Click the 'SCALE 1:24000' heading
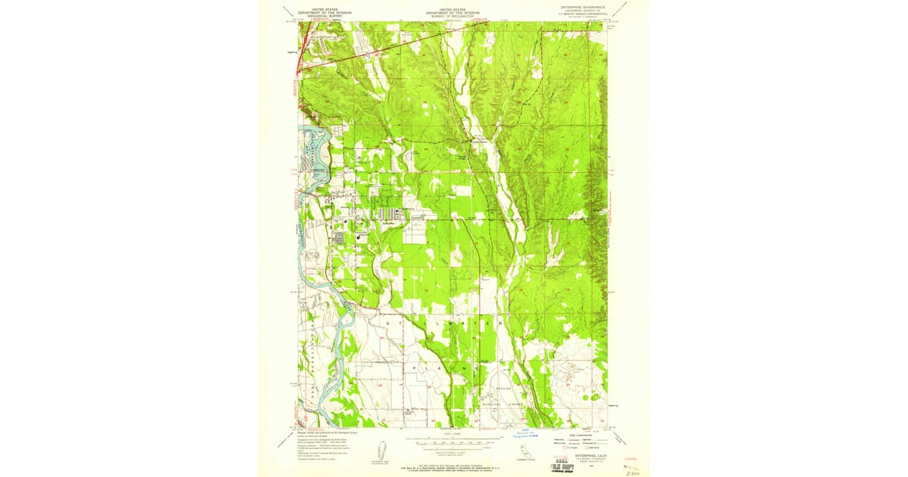tap(452, 434)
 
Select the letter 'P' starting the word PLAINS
tap(415, 366)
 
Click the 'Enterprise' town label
tap(388, 223)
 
